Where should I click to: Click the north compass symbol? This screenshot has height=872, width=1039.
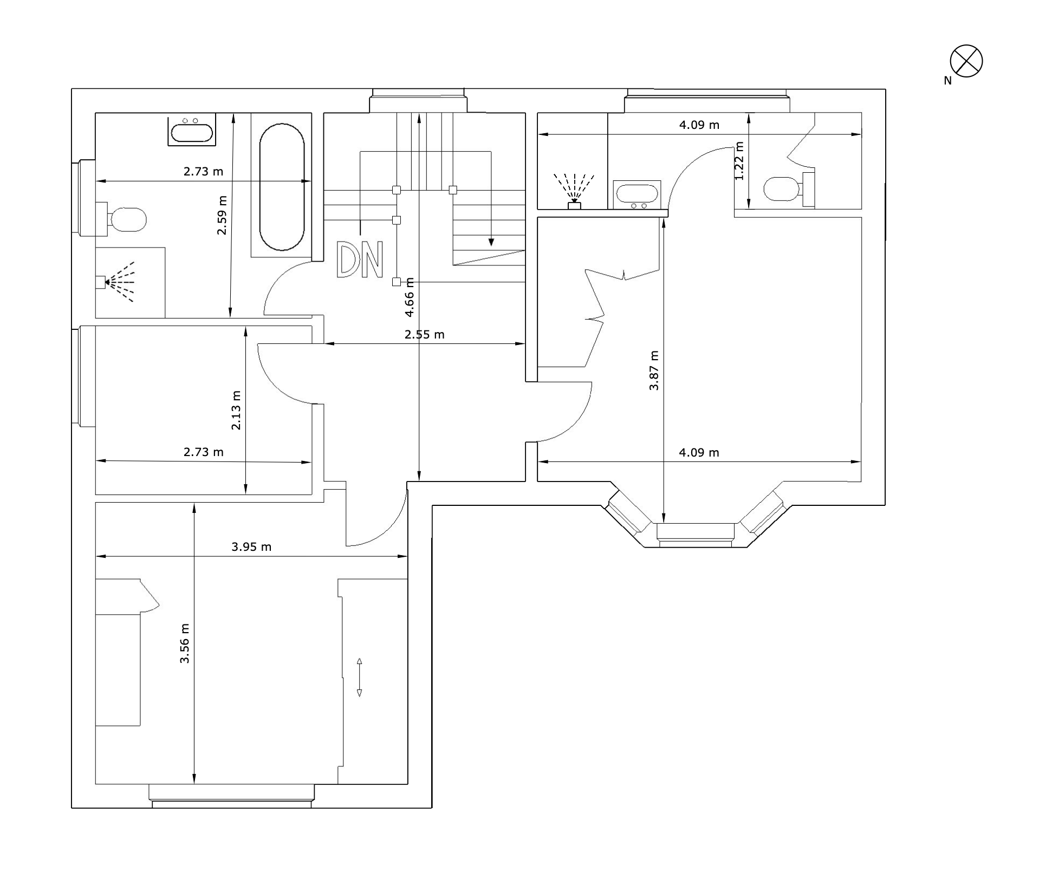(x=966, y=61)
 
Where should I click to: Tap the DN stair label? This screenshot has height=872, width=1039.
(x=360, y=260)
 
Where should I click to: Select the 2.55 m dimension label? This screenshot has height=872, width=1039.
(x=424, y=335)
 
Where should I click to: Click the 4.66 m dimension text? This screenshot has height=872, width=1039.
(x=410, y=297)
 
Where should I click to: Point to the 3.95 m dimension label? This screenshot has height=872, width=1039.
(x=251, y=547)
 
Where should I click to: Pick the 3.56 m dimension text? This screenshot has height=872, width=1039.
(x=185, y=643)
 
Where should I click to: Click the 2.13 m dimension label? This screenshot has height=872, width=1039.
(x=236, y=411)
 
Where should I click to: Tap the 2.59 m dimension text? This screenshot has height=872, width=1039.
(x=222, y=215)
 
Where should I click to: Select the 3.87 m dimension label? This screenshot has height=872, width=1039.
(x=654, y=370)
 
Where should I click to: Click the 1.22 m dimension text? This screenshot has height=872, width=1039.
(x=739, y=161)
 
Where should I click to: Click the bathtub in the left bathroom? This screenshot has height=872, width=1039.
(x=282, y=187)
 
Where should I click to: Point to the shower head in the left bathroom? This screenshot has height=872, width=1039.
(x=115, y=282)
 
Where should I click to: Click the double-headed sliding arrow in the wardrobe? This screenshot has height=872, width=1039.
(x=359, y=677)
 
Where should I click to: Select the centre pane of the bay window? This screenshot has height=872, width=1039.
(x=696, y=531)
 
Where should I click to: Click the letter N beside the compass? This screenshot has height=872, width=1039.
(x=947, y=81)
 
